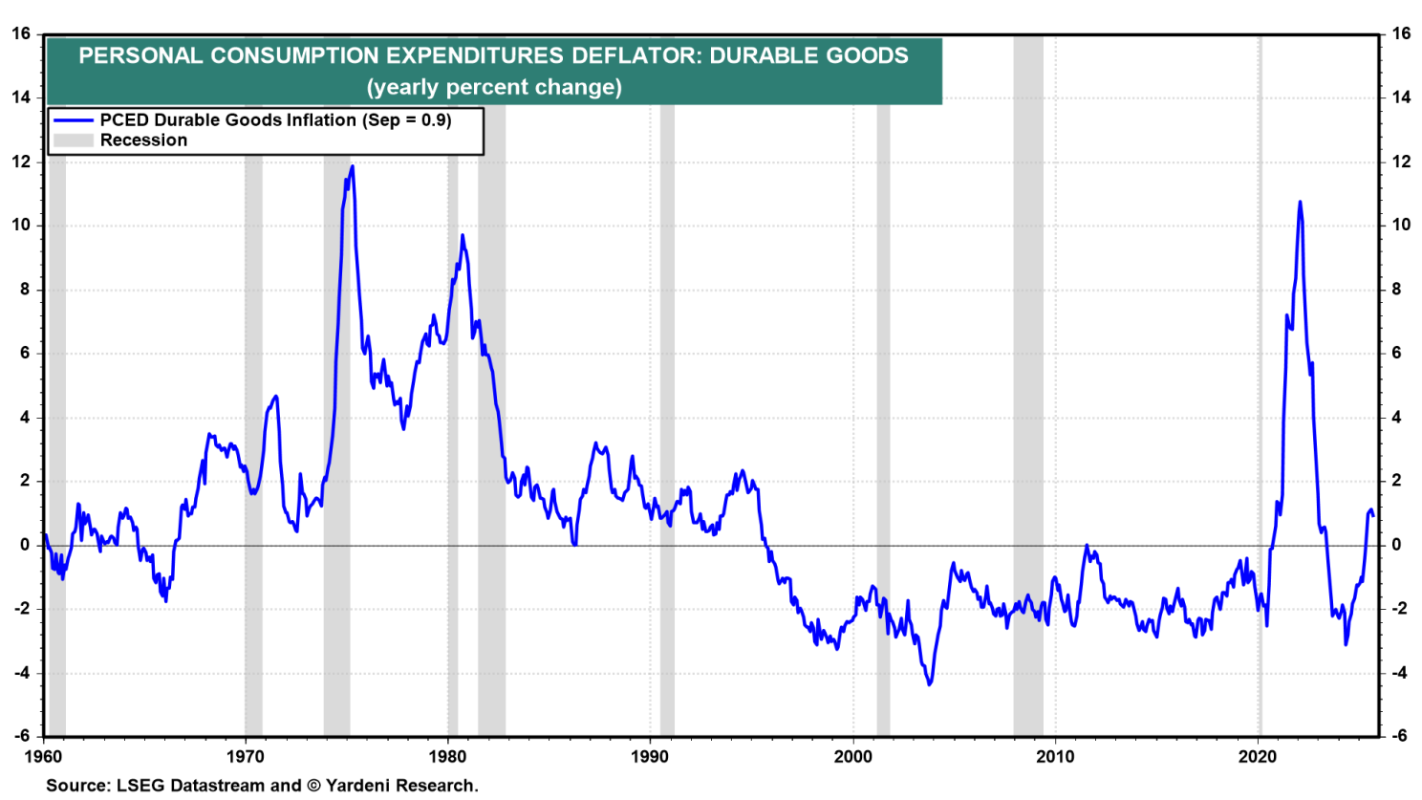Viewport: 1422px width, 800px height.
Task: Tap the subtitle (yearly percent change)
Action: click(x=494, y=87)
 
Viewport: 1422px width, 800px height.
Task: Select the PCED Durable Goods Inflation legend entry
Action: click(x=275, y=119)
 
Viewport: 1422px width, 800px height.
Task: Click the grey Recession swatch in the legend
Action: click(x=73, y=141)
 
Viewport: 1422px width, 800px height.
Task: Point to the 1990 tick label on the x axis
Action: click(x=650, y=757)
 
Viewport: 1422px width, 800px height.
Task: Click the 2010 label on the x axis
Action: click(x=1055, y=757)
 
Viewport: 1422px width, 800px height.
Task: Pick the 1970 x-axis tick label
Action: click(x=246, y=757)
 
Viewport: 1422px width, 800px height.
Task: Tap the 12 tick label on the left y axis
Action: click(x=21, y=162)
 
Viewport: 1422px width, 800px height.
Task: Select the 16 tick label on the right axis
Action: click(x=1401, y=33)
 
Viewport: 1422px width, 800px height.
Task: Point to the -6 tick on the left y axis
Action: click(x=21, y=736)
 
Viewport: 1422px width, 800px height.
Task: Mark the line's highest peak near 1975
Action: click(x=353, y=166)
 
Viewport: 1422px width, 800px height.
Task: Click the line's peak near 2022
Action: click(x=1300, y=202)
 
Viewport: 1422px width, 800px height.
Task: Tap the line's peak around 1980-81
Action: click(x=463, y=235)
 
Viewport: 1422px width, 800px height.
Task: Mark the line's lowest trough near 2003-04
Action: click(x=929, y=684)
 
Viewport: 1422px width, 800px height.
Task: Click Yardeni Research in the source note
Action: click(x=400, y=786)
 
